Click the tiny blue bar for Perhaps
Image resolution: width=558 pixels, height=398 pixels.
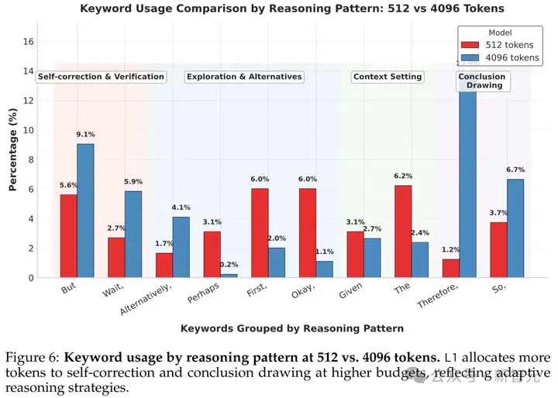point(228,275)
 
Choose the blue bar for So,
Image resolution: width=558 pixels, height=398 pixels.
point(515,228)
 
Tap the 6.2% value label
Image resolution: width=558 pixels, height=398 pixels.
point(402,177)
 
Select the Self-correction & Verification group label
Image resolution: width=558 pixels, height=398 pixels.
point(101,77)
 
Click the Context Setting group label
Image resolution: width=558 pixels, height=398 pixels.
point(387,77)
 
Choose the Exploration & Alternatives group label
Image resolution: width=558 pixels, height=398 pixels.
point(243,77)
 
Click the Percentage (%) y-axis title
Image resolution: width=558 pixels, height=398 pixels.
point(12,151)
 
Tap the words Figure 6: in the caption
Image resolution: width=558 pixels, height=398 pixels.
point(32,357)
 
